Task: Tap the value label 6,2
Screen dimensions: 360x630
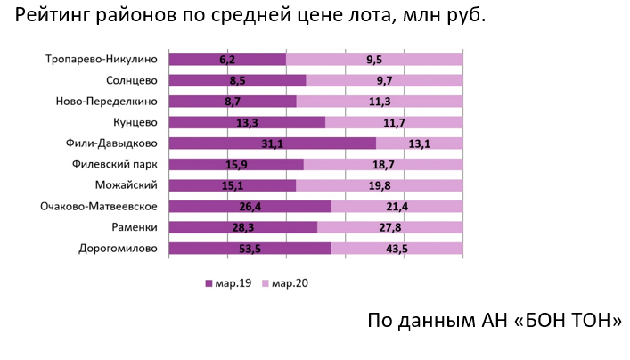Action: tap(226, 60)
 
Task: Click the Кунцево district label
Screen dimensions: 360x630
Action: tap(136, 122)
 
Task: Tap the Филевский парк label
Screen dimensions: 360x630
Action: tap(116, 164)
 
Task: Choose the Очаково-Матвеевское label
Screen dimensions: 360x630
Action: tap(100, 207)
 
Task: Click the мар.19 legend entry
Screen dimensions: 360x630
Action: tap(228, 283)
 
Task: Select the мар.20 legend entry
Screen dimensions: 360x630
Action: tap(286, 283)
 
